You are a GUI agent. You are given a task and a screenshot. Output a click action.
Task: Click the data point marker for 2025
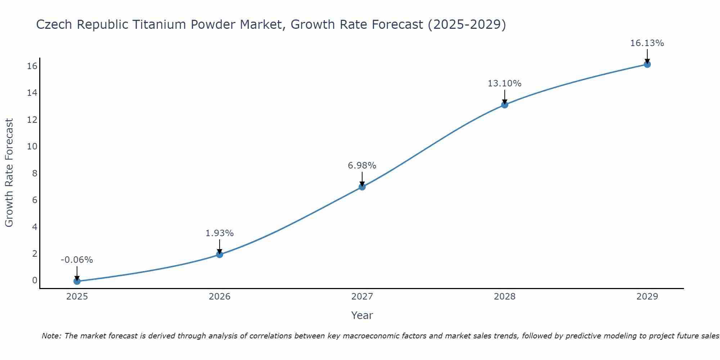77,281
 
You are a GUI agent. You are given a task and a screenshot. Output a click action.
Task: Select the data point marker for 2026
220,255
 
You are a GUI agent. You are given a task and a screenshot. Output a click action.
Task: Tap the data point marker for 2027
362,187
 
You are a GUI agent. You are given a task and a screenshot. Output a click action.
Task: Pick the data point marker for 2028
505,105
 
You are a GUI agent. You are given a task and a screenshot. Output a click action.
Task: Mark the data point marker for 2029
647,64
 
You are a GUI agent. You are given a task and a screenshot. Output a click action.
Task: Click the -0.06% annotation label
77,260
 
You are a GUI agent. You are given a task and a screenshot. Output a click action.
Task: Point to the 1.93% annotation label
220,233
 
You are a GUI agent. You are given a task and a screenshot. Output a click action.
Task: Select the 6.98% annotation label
362,166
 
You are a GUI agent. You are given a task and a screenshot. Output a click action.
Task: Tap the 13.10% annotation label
505,84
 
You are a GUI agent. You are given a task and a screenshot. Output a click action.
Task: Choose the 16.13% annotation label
647,43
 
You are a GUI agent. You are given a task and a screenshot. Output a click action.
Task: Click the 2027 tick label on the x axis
362,297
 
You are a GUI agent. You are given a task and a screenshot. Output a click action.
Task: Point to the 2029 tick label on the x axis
647,297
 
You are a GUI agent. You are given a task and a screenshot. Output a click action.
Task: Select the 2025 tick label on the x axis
77,297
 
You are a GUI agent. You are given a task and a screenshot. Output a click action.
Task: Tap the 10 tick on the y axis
32,147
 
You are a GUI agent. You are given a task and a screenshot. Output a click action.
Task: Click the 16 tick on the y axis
32,66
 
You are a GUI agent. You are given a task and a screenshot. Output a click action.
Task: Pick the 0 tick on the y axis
35,280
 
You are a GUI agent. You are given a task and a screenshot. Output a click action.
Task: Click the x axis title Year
362,315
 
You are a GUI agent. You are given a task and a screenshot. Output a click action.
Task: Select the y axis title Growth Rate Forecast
9,173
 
